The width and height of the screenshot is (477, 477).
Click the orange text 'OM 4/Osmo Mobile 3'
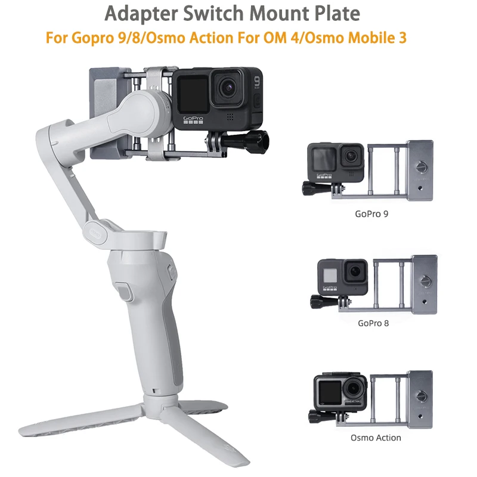(x=339, y=37)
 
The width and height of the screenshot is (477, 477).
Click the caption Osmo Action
(x=376, y=438)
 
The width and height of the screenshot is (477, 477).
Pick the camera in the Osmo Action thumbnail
(x=336, y=391)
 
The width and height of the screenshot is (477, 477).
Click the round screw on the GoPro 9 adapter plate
(x=423, y=168)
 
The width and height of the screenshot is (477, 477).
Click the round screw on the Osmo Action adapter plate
(x=424, y=395)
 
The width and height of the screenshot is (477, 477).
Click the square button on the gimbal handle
(x=124, y=293)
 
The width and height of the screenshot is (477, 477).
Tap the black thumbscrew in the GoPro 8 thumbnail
(x=317, y=301)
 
